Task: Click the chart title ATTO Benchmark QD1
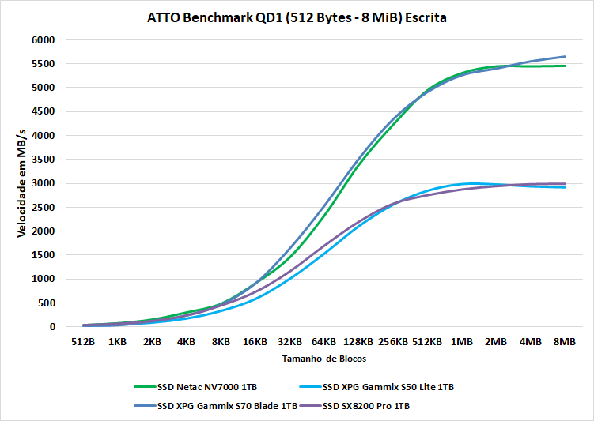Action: point(297,17)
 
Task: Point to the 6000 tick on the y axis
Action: point(44,39)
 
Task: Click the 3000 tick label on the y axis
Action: point(44,183)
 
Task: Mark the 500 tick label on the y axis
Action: point(46,303)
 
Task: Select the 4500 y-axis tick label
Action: point(44,111)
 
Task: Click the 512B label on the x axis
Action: point(83,343)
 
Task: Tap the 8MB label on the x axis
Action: point(565,343)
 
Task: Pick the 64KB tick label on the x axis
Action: point(324,343)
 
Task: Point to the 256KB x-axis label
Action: point(393,343)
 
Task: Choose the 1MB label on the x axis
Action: point(462,343)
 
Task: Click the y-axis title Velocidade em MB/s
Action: point(21,183)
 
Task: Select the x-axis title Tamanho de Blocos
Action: point(323,359)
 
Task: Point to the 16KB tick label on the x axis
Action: point(255,343)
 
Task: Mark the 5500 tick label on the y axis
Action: point(44,64)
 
